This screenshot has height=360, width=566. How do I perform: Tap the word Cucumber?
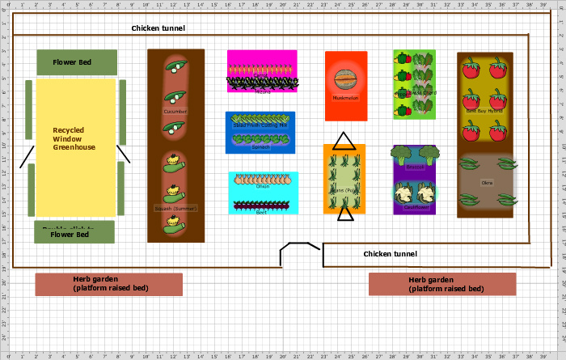click(x=175, y=112)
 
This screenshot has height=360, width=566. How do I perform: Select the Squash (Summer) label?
click(x=175, y=208)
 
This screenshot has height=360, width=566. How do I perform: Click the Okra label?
click(x=487, y=182)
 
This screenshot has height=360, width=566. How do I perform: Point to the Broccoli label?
click(x=416, y=167)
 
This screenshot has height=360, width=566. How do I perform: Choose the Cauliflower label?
click(x=415, y=206)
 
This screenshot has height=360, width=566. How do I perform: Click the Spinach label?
click(x=261, y=146)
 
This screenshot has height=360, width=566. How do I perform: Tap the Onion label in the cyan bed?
click(x=263, y=187)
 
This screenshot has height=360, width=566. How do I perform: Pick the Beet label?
click(x=261, y=212)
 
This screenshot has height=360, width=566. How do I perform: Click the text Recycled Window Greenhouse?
click(x=74, y=138)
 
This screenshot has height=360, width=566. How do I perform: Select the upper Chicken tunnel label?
click(x=158, y=28)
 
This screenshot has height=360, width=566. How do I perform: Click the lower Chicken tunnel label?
click(x=390, y=254)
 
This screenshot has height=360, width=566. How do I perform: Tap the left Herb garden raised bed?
click(x=109, y=284)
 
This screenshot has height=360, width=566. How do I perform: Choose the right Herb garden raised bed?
click(x=441, y=284)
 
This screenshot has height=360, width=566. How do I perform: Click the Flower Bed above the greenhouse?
click(x=77, y=61)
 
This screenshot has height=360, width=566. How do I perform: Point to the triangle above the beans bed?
click(x=344, y=141)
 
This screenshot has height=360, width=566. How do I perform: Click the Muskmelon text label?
click(x=345, y=98)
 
